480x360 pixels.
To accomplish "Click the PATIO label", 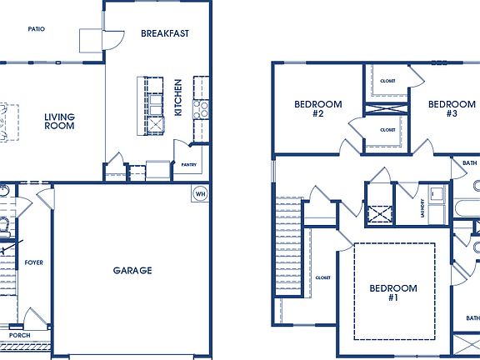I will (x=36, y=28).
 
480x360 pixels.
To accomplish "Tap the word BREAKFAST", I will (x=164, y=34).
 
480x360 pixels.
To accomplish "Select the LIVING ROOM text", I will (x=59, y=122).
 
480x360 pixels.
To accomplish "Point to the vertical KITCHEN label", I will (x=178, y=97).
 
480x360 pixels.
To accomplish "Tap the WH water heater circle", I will (x=200, y=194).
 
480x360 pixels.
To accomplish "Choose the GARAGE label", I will (x=132, y=271).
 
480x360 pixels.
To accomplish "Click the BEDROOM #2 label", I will (x=318, y=109).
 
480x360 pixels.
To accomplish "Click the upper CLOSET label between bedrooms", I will (x=387, y=81).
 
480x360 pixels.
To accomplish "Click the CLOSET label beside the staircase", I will (x=322, y=277).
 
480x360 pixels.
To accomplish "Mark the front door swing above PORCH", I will (x=36, y=317).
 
